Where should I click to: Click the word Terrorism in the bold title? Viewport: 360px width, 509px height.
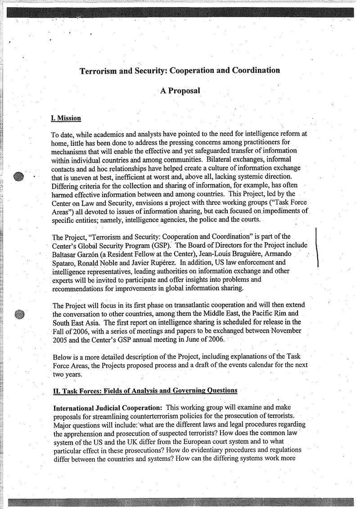pos(98,71)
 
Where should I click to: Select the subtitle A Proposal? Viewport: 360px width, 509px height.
pos(180,90)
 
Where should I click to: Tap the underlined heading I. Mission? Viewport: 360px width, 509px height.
pos(66,118)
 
